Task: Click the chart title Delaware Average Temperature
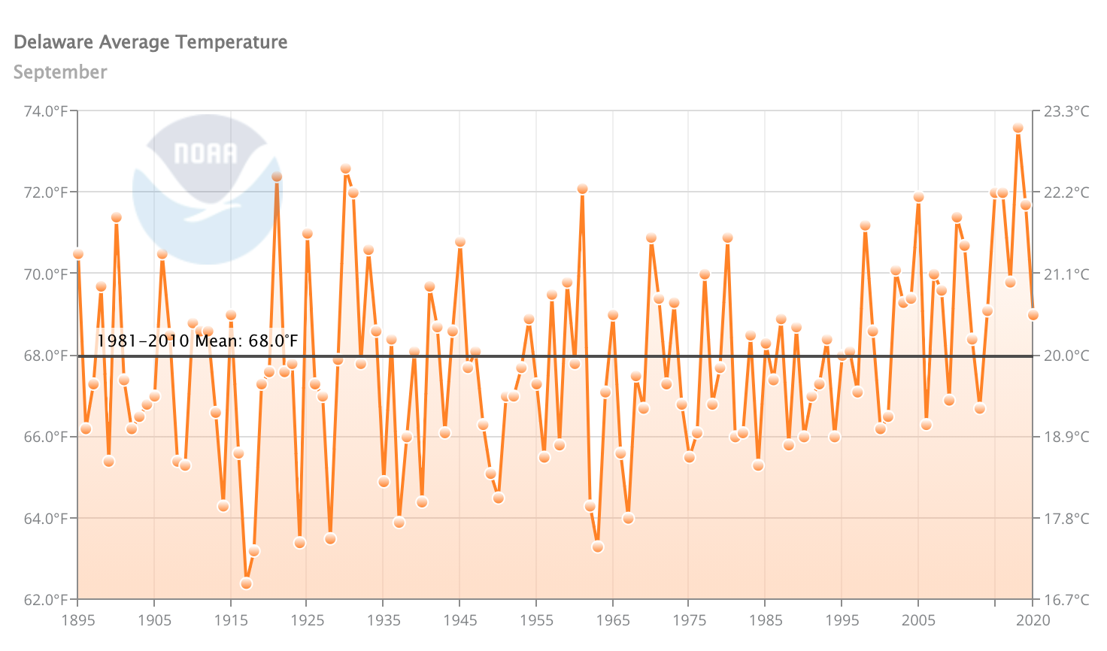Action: pyautogui.click(x=150, y=42)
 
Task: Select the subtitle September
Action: pyautogui.click(x=60, y=72)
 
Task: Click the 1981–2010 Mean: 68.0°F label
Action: pyautogui.click(x=197, y=341)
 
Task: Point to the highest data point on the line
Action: pyautogui.click(x=1018, y=128)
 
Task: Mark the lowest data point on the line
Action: pyautogui.click(x=246, y=583)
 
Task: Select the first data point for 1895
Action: pyautogui.click(x=78, y=254)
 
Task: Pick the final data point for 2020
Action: pyautogui.click(x=1033, y=315)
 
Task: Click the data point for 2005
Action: pyautogui.click(x=918, y=197)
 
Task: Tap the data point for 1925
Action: pyautogui.click(x=307, y=234)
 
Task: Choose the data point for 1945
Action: pyautogui.click(x=460, y=242)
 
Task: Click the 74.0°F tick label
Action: pyautogui.click(x=47, y=111)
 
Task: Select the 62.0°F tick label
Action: pyautogui.click(x=47, y=600)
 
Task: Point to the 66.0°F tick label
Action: pyautogui.click(x=47, y=437)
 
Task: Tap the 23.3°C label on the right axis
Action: pyautogui.click(x=1066, y=111)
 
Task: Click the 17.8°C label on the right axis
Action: pyautogui.click(x=1066, y=519)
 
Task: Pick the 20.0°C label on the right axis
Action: pyautogui.click(x=1066, y=356)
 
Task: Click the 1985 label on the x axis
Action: pyautogui.click(x=766, y=620)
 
